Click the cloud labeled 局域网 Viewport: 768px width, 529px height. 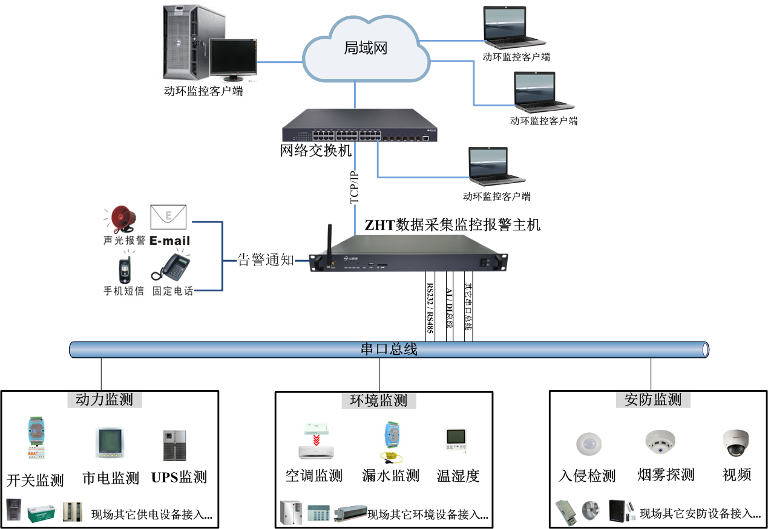click(x=365, y=48)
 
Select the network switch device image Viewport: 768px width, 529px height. click(x=359, y=128)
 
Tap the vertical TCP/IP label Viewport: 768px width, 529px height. click(x=355, y=188)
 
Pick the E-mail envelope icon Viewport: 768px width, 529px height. click(x=168, y=217)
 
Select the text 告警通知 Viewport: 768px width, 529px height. click(x=265, y=261)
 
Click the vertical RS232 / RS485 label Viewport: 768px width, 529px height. click(x=430, y=308)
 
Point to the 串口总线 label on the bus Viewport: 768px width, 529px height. click(x=389, y=349)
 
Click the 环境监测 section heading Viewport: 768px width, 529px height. click(x=379, y=400)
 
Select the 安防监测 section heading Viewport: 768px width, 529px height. click(x=652, y=400)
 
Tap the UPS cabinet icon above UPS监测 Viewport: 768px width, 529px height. click(x=174, y=446)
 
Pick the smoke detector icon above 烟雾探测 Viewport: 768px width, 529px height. click(x=660, y=443)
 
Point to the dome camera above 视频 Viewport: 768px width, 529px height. click(x=736, y=443)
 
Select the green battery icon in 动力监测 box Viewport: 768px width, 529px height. click(x=42, y=511)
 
